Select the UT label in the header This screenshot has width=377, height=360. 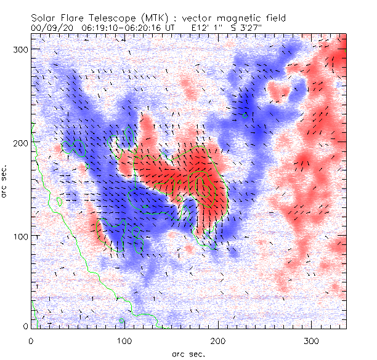click(170, 28)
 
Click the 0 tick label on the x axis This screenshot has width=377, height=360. click(31, 340)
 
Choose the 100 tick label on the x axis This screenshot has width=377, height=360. click(125, 340)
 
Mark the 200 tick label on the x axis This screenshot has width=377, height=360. click(219, 340)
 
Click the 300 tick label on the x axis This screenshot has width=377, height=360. click(313, 340)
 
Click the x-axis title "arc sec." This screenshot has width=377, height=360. click(188, 353)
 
